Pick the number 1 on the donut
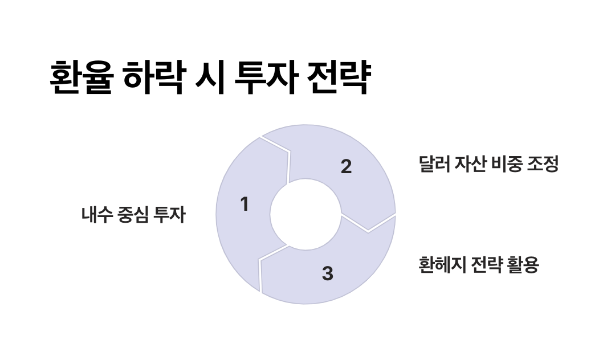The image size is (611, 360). point(245,204)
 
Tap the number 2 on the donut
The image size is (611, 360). point(346,167)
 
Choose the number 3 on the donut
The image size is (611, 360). point(327,273)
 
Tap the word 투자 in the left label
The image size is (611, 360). point(170,215)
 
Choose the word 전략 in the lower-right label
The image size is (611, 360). point(483,265)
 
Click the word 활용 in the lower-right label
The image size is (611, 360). point(521,265)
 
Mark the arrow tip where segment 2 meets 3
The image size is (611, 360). point(368,231)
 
